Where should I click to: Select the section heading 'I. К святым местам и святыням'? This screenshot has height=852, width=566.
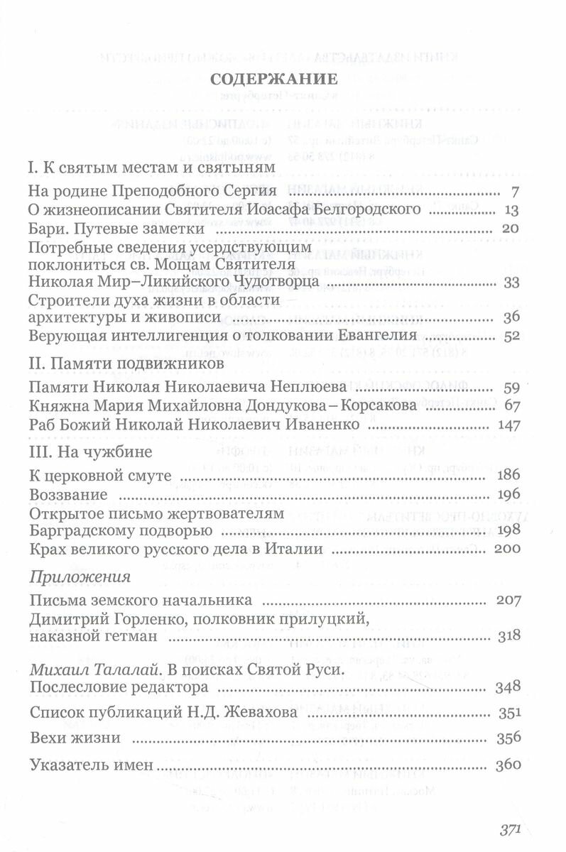click(150, 169)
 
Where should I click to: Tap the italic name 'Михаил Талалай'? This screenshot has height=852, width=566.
click(89, 670)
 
